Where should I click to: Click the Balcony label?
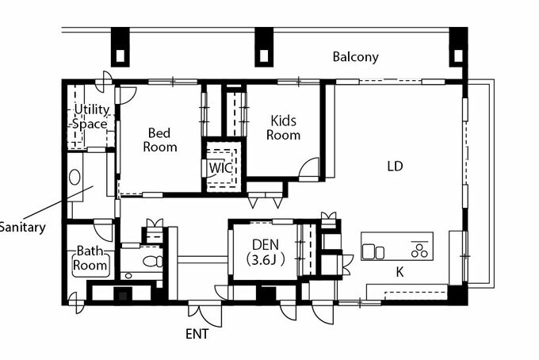pos(355,57)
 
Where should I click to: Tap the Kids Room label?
pos(283,128)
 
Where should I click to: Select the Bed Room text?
pos(160,140)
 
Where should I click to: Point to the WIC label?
pos(220,168)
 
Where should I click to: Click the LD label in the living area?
pos(395,167)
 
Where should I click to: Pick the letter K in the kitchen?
pos(399,272)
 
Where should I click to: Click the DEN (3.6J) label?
pos(266,252)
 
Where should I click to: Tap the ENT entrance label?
pos(197,334)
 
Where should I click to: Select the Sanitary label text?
pos(22,228)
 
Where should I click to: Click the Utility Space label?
pos(90,117)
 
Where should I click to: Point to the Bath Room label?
pos(90,258)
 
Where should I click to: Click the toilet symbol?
pos(153,262)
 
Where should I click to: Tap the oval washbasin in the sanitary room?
pos(75,178)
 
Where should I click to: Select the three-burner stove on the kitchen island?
pos(419,250)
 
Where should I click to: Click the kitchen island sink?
pos(373,251)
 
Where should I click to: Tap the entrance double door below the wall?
pos(205,313)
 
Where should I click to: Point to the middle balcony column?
pos(264,47)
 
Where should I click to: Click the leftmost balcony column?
pos(120,47)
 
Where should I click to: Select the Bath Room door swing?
pos(103,231)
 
